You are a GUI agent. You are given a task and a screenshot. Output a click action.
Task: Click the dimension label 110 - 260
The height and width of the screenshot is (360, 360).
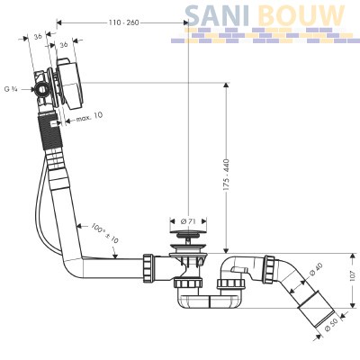tap(123, 22)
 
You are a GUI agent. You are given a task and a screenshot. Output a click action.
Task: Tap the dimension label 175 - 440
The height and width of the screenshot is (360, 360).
tap(226, 175)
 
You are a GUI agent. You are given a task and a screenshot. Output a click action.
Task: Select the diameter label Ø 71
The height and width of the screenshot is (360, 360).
tap(188, 221)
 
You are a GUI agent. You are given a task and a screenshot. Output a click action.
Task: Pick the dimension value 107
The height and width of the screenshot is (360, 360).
tap(355, 275)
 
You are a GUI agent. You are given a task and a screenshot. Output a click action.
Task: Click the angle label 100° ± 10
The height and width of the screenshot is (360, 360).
tap(104, 232)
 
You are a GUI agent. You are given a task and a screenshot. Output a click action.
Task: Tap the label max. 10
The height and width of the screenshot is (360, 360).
tap(89, 116)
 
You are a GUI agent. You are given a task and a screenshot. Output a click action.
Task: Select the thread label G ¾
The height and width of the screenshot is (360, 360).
tap(11, 89)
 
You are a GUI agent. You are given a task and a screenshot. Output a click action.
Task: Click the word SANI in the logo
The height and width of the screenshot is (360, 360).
tap(217, 15)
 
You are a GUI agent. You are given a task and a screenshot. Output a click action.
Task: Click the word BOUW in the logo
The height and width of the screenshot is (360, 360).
tap(301, 15)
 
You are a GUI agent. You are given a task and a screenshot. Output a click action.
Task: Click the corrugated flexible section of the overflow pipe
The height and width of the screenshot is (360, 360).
tap(50, 132)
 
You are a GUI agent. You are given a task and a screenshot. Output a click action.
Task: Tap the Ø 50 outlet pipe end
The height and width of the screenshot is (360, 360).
tap(316, 313)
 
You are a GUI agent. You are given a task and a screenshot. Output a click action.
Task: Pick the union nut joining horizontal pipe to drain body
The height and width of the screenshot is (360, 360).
tap(148, 266)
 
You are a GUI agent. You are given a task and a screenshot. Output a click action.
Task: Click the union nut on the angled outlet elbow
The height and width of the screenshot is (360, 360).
tap(271, 269)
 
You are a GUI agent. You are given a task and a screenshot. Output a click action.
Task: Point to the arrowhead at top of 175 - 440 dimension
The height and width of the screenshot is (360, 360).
tap(226, 85)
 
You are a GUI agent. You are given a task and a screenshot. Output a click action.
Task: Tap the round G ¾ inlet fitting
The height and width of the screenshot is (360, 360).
tap(41, 89)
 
